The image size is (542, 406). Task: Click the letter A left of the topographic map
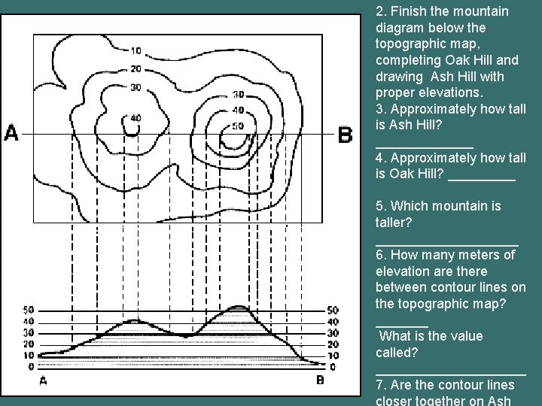(x=12, y=134)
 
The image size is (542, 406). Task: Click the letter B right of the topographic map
(x=345, y=135)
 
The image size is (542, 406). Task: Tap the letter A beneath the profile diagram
(x=43, y=380)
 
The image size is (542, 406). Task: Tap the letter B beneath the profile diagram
(x=320, y=380)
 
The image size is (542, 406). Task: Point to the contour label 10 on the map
(x=135, y=51)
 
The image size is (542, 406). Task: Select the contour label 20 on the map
(x=135, y=68)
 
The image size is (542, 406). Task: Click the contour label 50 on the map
(x=238, y=126)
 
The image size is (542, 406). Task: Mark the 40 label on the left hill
(x=135, y=118)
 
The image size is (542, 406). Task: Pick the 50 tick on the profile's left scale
(x=29, y=310)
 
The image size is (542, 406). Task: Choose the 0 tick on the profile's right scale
(x=332, y=367)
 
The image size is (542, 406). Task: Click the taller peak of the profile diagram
(x=238, y=307)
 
